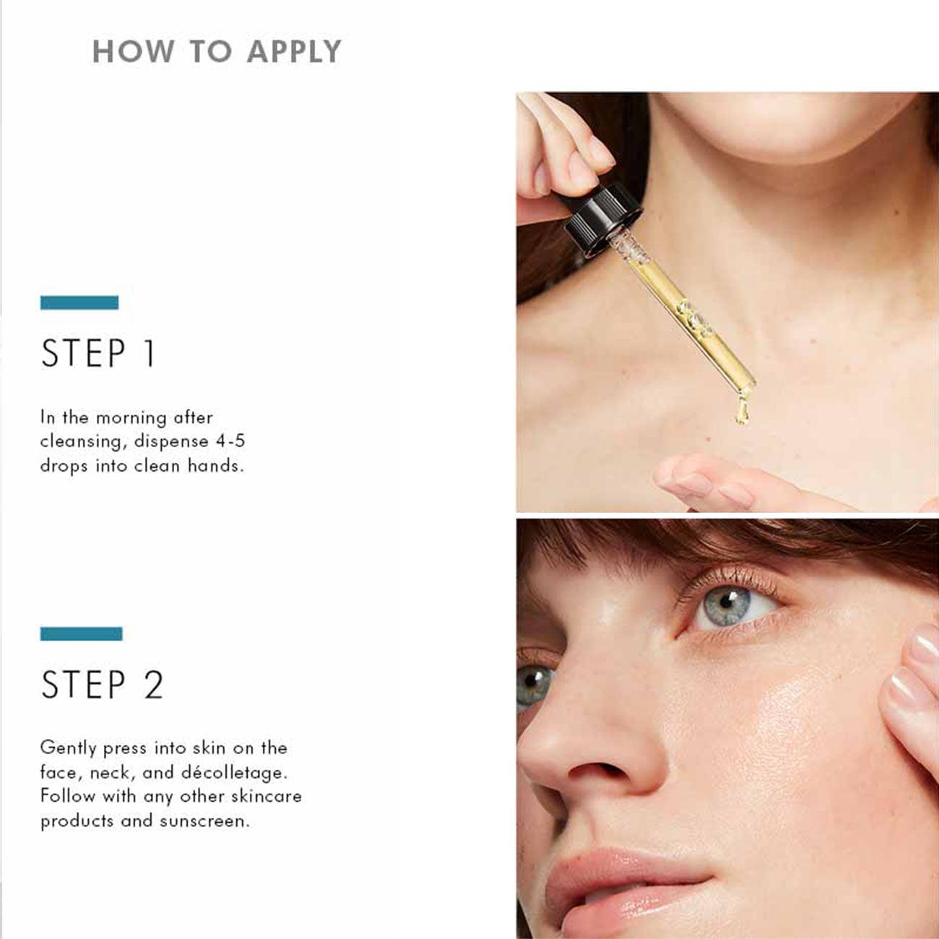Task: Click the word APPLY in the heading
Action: click(293, 51)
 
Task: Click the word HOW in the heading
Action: click(134, 51)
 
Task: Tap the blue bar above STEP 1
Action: click(79, 303)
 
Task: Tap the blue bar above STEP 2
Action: click(81, 633)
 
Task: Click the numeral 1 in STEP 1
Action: click(149, 354)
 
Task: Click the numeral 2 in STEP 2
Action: click(153, 685)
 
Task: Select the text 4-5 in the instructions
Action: click(230, 441)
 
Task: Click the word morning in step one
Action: click(131, 417)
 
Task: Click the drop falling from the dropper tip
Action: click(740, 412)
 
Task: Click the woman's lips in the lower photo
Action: click(614, 878)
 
